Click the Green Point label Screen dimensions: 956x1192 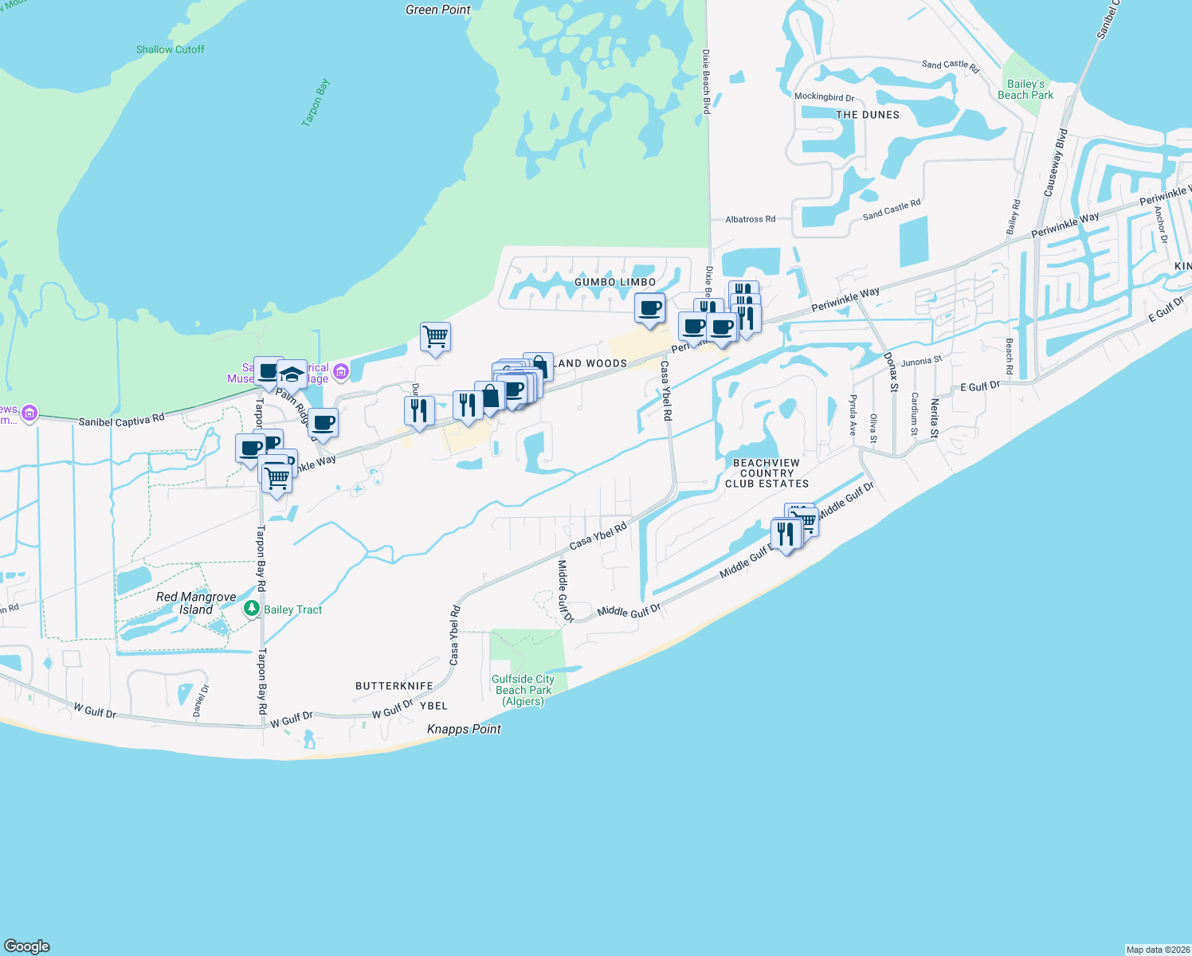437,10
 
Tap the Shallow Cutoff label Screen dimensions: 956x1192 170,49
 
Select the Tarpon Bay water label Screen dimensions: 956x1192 316,103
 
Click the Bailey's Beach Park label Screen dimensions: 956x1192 1025,89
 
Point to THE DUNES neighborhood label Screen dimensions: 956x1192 868,115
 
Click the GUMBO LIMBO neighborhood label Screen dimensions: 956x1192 615,282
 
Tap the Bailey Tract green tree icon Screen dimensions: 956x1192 252,609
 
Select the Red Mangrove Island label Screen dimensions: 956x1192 196,603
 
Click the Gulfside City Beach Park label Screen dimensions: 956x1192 523,690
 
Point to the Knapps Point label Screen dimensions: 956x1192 464,729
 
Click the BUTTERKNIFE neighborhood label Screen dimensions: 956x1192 394,686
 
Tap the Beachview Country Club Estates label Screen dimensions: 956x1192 767,473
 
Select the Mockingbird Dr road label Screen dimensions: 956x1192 824,97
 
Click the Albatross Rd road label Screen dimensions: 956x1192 750,219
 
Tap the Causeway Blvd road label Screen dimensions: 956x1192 1055,163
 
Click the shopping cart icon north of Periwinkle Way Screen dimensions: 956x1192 435,337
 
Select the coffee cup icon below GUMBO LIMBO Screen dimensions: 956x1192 650,308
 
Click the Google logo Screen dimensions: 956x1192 26,946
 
